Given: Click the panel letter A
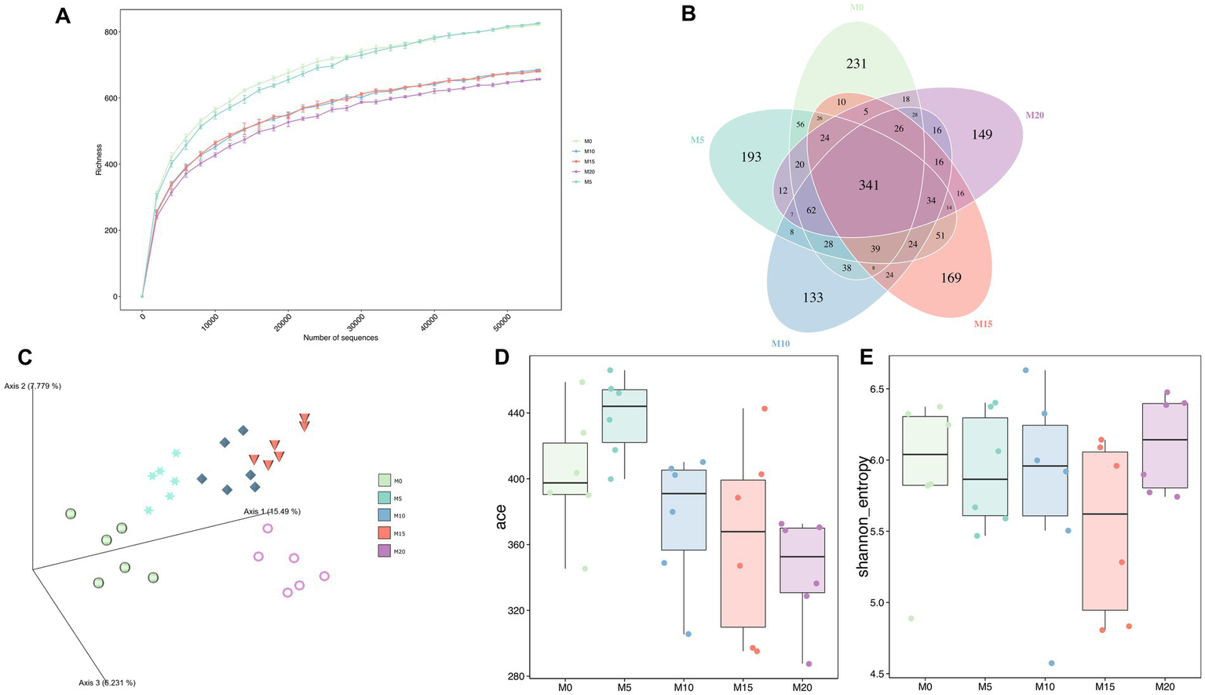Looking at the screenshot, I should point(63,16).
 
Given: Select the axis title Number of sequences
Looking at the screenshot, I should point(340,338).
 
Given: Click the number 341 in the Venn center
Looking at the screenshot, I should point(868,185).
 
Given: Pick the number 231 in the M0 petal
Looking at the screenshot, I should point(856,63).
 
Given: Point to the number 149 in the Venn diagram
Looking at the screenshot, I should point(982,134).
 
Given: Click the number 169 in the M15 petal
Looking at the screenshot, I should point(951,277).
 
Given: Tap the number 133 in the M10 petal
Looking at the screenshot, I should point(812,297).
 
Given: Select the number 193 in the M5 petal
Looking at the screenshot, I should point(751,156).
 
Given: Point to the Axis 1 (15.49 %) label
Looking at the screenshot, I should point(272,511).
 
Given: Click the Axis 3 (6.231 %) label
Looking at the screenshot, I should point(112,682).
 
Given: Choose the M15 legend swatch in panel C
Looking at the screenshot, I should point(385,533).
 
